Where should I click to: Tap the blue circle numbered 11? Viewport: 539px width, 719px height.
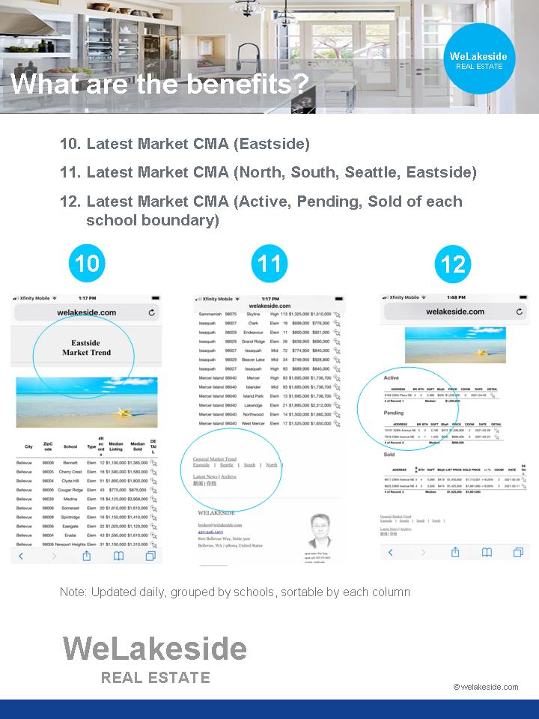pos(269,263)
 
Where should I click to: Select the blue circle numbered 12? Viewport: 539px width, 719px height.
pos(453,264)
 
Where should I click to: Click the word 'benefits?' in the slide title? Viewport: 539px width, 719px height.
pos(247,84)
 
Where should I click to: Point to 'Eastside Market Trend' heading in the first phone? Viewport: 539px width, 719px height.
pos(86,348)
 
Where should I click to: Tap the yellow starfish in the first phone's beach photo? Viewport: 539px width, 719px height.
pos(121,411)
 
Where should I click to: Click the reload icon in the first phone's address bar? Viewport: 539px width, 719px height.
pos(152,312)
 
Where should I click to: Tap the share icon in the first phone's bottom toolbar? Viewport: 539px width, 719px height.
pos(86,556)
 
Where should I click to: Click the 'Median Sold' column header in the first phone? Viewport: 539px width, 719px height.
pos(138,447)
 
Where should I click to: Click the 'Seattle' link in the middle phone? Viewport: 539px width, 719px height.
pos(226,465)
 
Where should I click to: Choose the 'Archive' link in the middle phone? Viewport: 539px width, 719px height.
pos(228,476)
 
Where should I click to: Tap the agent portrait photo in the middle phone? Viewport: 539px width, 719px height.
pos(320,530)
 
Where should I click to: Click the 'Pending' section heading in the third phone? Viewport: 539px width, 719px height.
pos(393,413)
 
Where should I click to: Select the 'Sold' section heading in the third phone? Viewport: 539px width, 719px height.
pos(389,455)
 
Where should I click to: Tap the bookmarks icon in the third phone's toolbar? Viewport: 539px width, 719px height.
pos(487,552)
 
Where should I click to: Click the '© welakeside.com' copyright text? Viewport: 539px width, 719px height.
pos(485,687)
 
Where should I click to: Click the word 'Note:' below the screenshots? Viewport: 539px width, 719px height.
pos(73,592)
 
